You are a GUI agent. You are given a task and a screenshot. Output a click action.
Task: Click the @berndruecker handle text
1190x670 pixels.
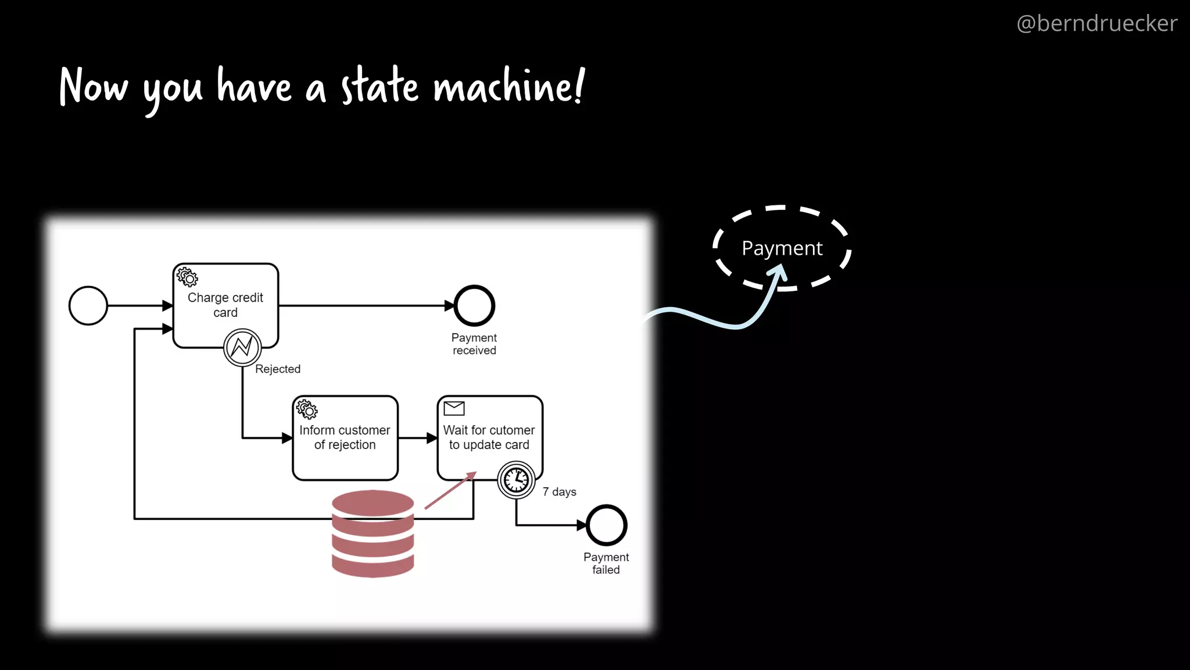coord(1096,24)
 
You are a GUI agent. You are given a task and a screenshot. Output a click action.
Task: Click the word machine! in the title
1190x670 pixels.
coord(508,87)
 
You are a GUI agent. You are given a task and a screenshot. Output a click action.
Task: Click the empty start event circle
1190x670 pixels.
coord(88,305)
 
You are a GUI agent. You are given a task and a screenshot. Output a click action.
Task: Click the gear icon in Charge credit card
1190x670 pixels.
coord(187,277)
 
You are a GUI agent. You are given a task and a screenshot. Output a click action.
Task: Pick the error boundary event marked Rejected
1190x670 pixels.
coord(242,347)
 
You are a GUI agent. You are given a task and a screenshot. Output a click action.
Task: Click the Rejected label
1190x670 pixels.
coord(278,369)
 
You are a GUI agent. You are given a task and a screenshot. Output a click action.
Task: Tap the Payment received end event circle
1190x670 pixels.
coord(474,305)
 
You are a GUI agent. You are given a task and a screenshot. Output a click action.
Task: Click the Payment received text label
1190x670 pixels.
coord(474,344)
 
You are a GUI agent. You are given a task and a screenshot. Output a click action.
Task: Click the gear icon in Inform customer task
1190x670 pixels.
coord(307,409)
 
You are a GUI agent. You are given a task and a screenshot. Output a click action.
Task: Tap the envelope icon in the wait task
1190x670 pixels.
coord(454,408)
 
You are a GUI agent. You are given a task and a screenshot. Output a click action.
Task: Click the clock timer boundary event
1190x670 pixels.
coord(516,480)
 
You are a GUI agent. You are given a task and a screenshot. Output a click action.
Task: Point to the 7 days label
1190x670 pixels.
coord(559,492)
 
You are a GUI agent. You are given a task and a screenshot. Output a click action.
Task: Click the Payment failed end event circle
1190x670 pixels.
coord(606,525)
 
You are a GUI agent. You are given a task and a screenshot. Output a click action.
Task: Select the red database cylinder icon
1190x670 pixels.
coord(372,533)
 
